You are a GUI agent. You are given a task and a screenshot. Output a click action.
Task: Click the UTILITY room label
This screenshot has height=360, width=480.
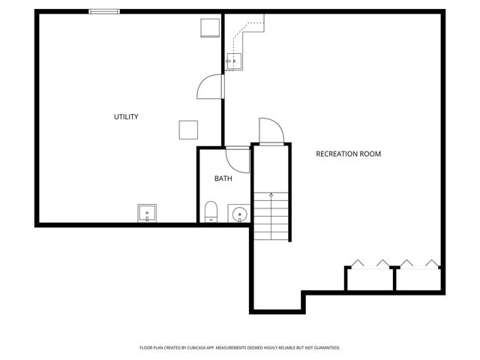pyautogui.click(x=126, y=117)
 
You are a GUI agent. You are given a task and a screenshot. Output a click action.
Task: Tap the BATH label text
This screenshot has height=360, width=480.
pyautogui.click(x=223, y=178)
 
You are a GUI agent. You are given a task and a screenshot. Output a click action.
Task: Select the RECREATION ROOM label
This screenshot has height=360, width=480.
pyautogui.click(x=348, y=154)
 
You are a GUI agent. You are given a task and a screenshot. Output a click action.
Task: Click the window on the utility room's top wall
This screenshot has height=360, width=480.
pyautogui.click(x=104, y=11)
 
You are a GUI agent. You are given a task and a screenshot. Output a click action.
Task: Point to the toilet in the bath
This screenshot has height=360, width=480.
pyautogui.click(x=211, y=212)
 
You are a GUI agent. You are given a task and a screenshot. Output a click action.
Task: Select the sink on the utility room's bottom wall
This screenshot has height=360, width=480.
pyautogui.click(x=147, y=214)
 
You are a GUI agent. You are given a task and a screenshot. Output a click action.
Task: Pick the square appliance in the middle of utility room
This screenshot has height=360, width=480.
pyautogui.click(x=187, y=130)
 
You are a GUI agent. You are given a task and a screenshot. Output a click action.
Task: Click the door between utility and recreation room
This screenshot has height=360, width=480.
pyautogui.click(x=211, y=87)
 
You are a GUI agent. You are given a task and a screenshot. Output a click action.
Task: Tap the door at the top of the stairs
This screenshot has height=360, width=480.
pyautogui.click(x=269, y=131)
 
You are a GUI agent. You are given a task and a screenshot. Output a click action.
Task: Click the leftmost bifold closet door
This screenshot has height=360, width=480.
pyautogui.click(x=357, y=263)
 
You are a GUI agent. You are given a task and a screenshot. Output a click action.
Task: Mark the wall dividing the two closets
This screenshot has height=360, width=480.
pyautogui.click(x=394, y=278)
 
